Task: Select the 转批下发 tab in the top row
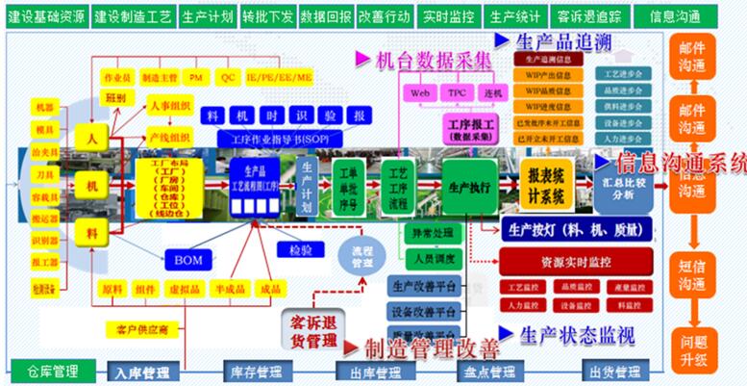[266, 17]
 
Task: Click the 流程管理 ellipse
[360, 255]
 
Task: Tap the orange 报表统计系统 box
[547, 181]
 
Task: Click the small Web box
[419, 93]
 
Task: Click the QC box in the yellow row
[228, 76]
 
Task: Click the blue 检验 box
[299, 250]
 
